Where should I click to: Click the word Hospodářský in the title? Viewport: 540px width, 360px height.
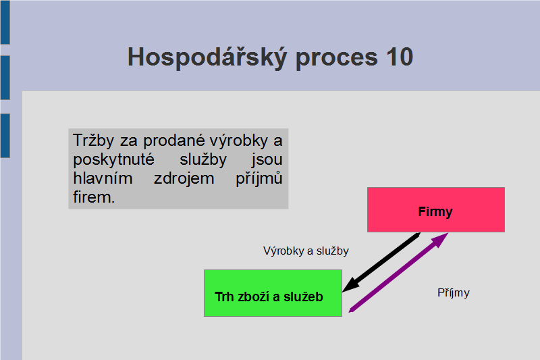(x=207, y=57)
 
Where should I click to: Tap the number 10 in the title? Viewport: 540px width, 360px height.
(x=400, y=57)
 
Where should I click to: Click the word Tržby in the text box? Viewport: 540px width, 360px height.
(x=93, y=140)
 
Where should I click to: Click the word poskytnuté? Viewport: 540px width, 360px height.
(x=113, y=160)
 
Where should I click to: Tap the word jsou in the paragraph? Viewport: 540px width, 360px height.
(x=267, y=160)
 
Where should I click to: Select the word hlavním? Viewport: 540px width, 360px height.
(x=103, y=178)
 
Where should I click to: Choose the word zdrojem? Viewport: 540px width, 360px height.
(x=184, y=179)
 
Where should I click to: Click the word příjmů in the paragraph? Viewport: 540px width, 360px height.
(x=259, y=179)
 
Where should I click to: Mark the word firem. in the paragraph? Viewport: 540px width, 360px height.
(x=94, y=197)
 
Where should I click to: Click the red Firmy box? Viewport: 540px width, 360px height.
(x=436, y=210)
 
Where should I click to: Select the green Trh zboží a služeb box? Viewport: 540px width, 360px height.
(x=273, y=293)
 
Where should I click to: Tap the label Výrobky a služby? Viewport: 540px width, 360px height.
(x=306, y=251)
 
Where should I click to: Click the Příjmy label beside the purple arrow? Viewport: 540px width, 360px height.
(x=453, y=293)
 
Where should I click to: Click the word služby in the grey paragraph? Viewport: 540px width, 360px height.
(x=203, y=160)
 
